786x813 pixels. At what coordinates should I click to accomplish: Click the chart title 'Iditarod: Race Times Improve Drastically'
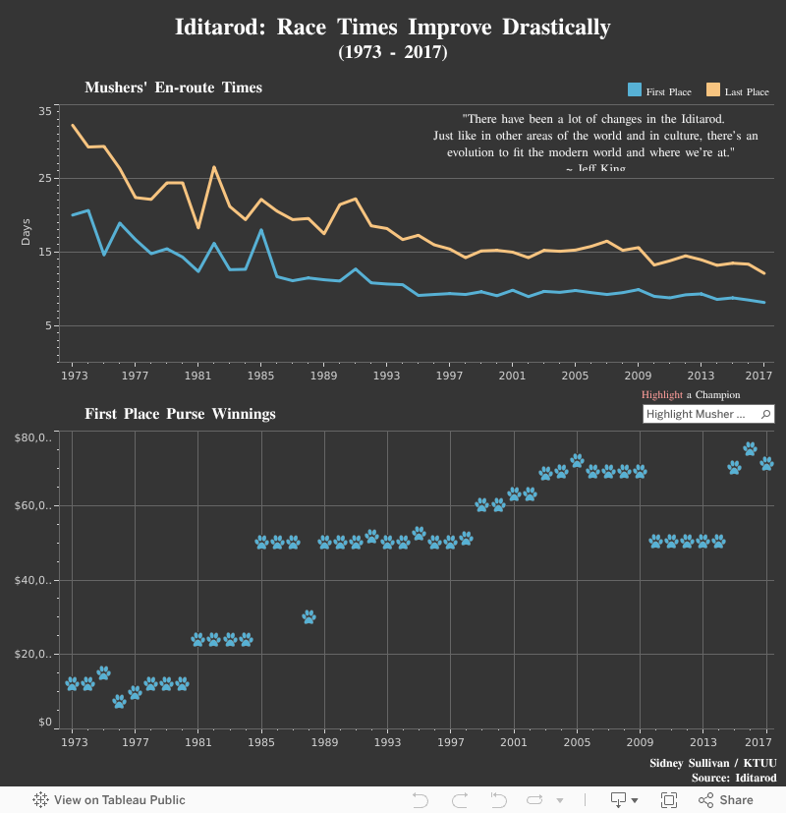pos(392,27)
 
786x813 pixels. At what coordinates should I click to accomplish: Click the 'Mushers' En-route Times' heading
pos(173,87)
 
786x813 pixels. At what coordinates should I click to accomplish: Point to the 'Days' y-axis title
pos(27,231)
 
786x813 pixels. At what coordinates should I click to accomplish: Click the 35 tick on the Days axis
pos(45,111)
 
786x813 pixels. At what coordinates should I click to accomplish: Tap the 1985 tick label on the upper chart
pos(260,376)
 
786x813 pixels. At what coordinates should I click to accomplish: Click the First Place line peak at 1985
pos(260,230)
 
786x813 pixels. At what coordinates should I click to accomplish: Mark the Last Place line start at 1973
pos(73,126)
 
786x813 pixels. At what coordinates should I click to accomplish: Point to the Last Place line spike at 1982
pos(214,167)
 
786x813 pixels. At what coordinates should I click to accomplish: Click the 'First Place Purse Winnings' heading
pos(180,414)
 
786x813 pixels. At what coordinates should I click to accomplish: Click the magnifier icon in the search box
pos(766,414)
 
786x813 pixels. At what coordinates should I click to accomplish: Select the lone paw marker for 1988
pos(309,617)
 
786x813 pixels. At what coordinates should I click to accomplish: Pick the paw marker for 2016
pos(750,449)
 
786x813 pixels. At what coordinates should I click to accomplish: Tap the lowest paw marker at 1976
pos(119,702)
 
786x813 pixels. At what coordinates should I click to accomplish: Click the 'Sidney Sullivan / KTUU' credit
pos(712,763)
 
